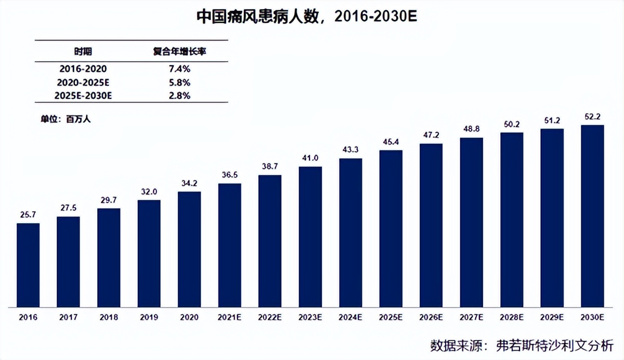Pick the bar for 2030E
click(592, 215)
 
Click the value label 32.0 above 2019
click(149, 190)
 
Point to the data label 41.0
click(310, 158)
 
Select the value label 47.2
click(431, 135)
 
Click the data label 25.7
click(28, 214)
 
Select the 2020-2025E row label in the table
click(84, 82)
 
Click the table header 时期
click(84, 52)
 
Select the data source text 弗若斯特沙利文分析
click(554, 345)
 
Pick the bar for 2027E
click(471, 222)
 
